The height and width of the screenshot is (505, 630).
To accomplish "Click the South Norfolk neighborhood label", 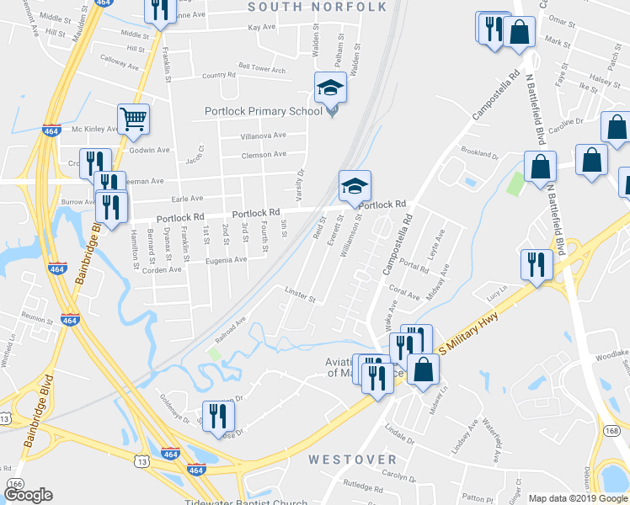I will (x=318, y=8).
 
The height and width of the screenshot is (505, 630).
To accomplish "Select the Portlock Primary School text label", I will (x=264, y=111).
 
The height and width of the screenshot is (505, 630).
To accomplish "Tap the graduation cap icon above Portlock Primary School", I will (x=330, y=88).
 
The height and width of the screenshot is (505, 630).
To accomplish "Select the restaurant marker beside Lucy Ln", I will (x=537, y=264).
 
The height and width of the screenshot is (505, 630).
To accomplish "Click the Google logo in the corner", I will (x=28, y=495).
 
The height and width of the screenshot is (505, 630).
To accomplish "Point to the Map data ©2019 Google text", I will (x=579, y=498).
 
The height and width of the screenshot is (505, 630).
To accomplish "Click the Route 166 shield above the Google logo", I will (x=15, y=484).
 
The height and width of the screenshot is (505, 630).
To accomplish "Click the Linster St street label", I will (x=299, y=298).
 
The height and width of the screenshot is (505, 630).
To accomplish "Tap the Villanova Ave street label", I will (x=264, y=135).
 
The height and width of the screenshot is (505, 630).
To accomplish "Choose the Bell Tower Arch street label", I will (x=262, y=69).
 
